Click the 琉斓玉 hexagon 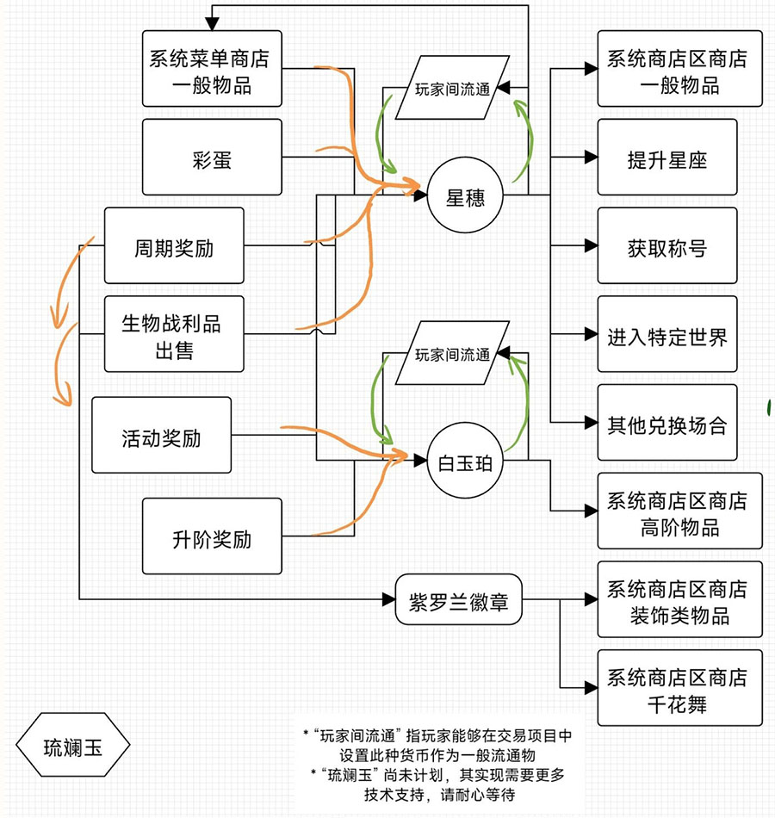[72, 747]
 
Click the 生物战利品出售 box [174, 337]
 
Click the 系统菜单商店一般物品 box [212, 70]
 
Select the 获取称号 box [667, 246]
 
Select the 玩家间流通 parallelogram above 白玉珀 [451, 353]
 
